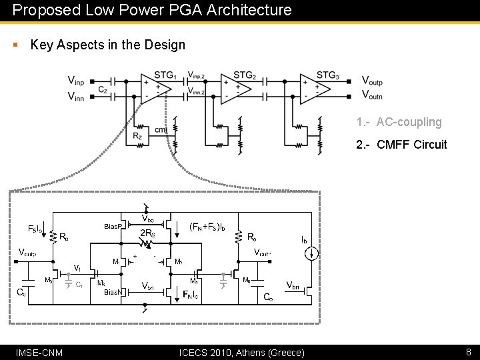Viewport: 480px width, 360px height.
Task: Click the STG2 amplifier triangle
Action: (237, 88)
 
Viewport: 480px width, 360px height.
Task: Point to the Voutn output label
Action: (372, 96)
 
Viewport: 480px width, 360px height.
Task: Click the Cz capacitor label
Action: (103, 89)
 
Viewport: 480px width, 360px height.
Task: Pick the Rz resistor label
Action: (137, 136)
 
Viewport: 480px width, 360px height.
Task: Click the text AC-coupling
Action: (409, 122)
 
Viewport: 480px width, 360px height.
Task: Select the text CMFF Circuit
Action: (411, 145)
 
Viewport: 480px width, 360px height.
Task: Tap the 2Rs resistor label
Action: (147, 234)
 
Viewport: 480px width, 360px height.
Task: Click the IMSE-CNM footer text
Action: (39, 352)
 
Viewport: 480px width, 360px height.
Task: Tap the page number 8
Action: (469, 351)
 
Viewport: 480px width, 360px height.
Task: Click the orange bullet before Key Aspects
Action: (15, 45)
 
